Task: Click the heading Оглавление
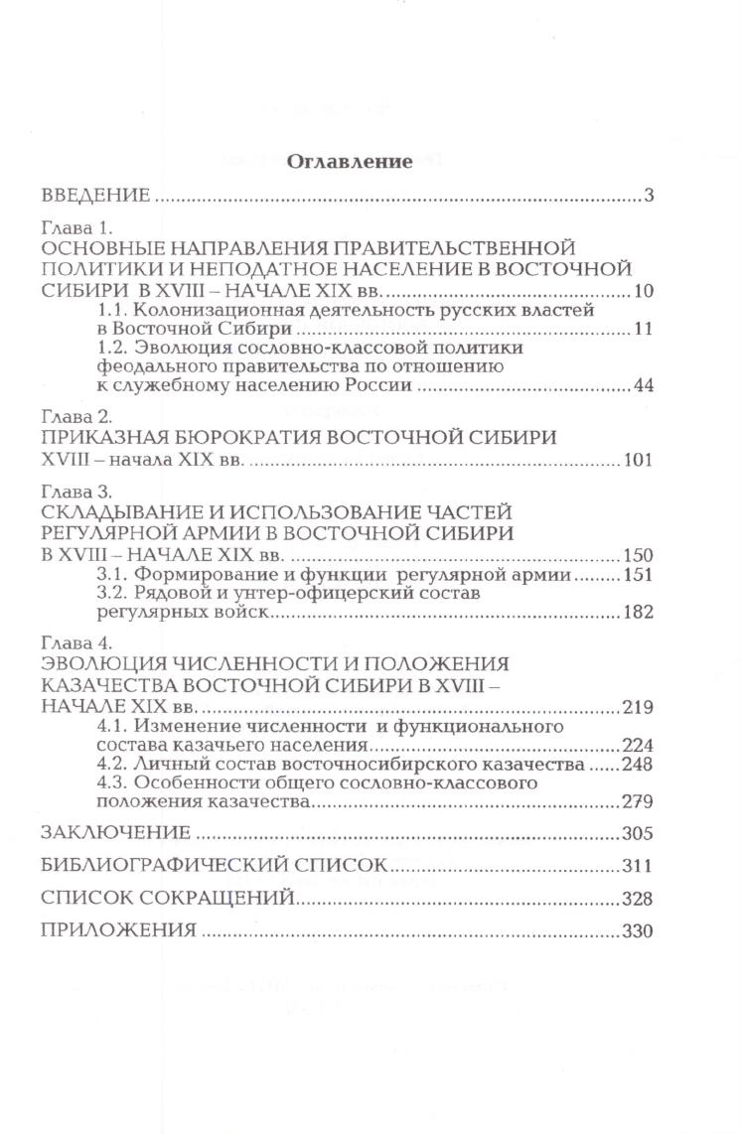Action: (349, 163)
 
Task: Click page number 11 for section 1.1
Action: (641, 329)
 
